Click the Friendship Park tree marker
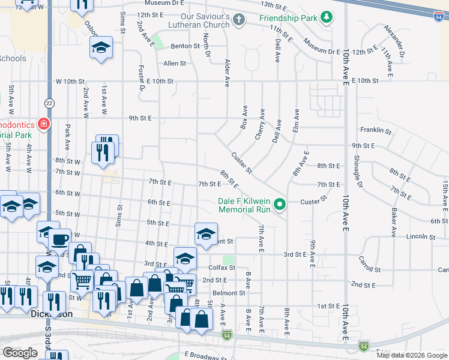click(x=327, y=18)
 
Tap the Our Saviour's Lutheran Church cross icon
click(x=239, y=20)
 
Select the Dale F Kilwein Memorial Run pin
click(x=280, y=205)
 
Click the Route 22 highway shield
click(x=49, y=103)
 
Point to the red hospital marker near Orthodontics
click(x=43, y=124)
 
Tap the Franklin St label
click(x=376, y=130)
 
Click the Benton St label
click(x=185, y=46)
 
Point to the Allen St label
click(x=175, y=63)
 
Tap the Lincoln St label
click(x=420, y=237)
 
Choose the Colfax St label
click(x=220, y=268)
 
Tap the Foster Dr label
click(x=142, y=77)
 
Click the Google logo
click(x=20, y=353)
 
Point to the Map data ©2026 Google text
click(x=411, y=355)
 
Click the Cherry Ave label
click(x=260, y=124)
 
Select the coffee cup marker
click(x=59, y=239)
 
